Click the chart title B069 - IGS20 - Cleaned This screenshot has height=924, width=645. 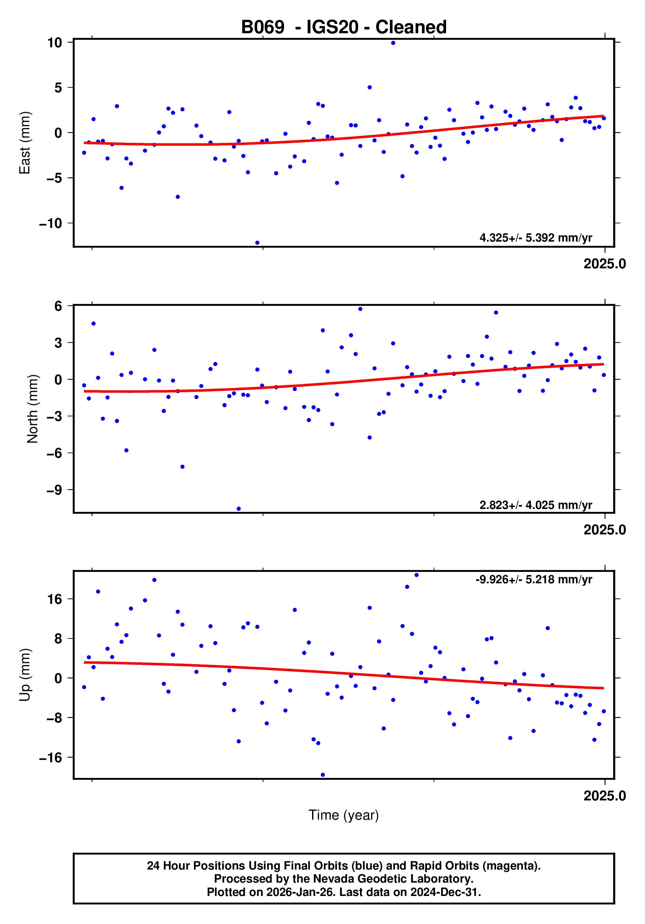coord(343,27)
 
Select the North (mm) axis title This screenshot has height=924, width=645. coord(32,409)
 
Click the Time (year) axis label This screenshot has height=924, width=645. coord(343,814)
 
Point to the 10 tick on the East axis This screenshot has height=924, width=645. coord(54,43)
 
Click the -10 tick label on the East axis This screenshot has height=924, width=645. coord(50,223)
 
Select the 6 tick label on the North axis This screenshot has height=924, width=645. coord(58,306)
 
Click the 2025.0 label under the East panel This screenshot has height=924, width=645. coord(604,264)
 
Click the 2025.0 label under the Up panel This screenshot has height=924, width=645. coord(604,796)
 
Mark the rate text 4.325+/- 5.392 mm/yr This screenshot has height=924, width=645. coord(535,238)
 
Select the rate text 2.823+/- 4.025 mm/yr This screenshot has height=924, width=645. coord(535,505)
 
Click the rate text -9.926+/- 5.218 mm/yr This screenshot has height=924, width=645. coord(533,579)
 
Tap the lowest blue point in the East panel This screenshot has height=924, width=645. coord(257,243)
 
